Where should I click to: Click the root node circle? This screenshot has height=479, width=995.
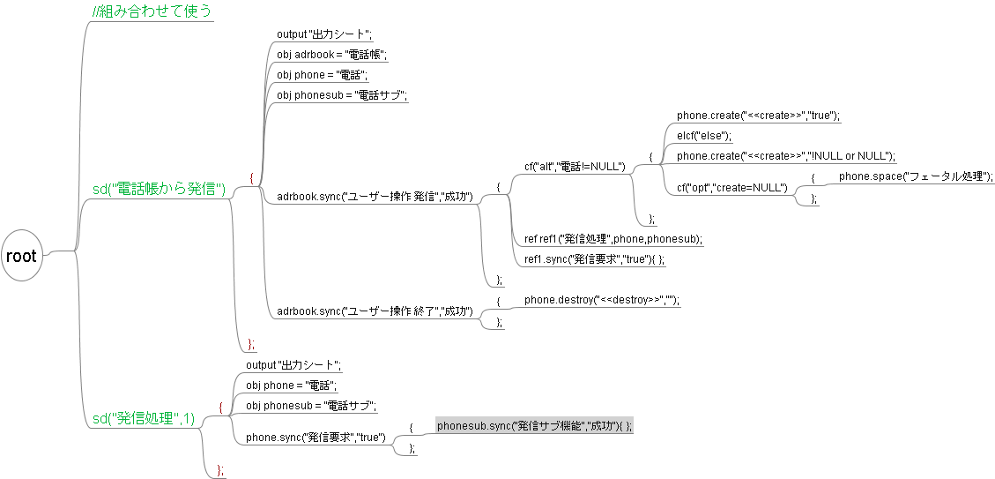(22, 256)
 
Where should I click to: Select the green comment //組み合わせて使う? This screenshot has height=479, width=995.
(152, 11)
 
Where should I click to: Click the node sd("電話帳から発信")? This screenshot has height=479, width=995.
(160, 189)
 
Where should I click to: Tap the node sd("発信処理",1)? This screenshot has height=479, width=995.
(143, 418)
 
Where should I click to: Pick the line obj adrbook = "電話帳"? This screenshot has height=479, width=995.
(331, 55)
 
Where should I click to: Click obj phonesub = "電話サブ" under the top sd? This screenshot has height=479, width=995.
(341, 95)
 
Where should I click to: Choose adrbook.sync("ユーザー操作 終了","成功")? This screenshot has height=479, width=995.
(375, 311)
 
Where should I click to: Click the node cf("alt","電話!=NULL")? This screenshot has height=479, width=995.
(575, 166)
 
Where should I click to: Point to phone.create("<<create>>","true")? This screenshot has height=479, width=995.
(758, 116)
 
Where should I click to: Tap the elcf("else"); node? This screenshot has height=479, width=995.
(704, 136)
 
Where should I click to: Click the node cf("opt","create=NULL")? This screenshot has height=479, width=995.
(731, 187)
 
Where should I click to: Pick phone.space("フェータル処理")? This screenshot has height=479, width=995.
(916, 176)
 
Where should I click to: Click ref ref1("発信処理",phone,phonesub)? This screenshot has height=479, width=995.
(613, 239)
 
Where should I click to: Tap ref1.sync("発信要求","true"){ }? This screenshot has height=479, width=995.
(594, 259)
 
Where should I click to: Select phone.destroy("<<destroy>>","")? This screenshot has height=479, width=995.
(602, 301)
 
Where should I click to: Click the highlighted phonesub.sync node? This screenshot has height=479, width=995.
(534, 426)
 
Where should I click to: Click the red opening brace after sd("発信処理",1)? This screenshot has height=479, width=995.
(220, 408)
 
